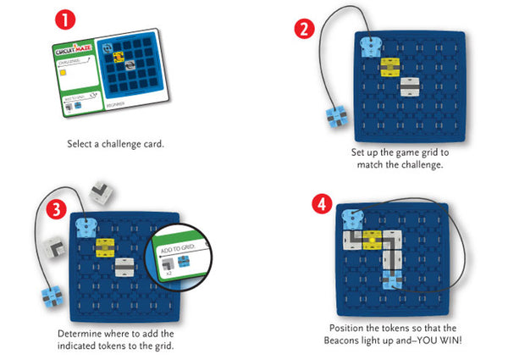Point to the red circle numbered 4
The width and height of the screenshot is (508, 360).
point(321,205)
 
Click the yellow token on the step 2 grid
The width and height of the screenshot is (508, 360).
point(391,64)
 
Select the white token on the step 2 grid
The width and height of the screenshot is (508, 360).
point(411,86)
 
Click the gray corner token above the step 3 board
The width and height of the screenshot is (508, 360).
point(103,194)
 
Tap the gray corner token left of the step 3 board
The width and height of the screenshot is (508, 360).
point(52,247)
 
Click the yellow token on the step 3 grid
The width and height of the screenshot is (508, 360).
point(106,246)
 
